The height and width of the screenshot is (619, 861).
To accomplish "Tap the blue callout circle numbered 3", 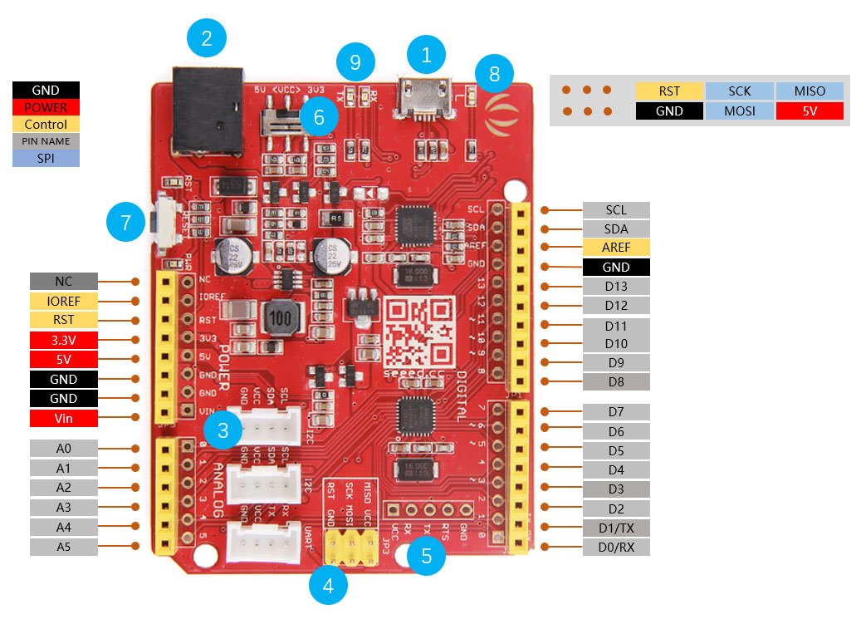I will pyautogui.click(x=223, y=430).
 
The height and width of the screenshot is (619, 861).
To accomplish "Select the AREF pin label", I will pyautogui.click(x=616, y=248).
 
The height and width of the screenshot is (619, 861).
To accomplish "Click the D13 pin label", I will pyautogui.click(x=616, y=287).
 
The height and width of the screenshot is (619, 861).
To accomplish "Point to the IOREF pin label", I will pyautogui.click(x=63, y=301).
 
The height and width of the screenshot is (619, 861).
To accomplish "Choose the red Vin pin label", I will pyautogui.click(x=63, y=419).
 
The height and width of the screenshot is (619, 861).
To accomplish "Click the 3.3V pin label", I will pyautogui.click(x=63, y=340).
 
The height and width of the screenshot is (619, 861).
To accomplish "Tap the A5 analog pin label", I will pyautogui.click(x=63, y=547).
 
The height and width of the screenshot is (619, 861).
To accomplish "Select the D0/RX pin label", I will pyautogui.click(x=616, y=547).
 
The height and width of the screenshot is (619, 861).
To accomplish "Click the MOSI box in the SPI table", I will pyautogui.click(x=739, y=111).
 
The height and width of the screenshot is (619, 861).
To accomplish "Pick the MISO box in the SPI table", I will pyautogui.click(x=810, y=91).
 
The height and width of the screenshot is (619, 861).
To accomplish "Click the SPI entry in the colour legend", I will pyautogui.click(x=46, y=157).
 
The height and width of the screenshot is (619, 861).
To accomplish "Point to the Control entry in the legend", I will pyautogui.click(x=46, y=124).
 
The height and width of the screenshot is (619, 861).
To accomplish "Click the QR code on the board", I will pyautogui.click(x=421, y=333).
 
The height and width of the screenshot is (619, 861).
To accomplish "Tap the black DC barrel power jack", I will pyautogui.click(x=207, y=111).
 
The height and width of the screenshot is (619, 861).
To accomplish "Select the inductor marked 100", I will pyautogui.click(x=282, y=319).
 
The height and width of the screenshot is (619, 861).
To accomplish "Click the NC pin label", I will pyautogui.click(x=63, y=282).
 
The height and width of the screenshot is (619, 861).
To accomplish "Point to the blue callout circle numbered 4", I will pyautogui.click(x=328, y=587).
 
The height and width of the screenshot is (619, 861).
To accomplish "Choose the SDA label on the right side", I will pyautogui.click(x=616, y=228).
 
